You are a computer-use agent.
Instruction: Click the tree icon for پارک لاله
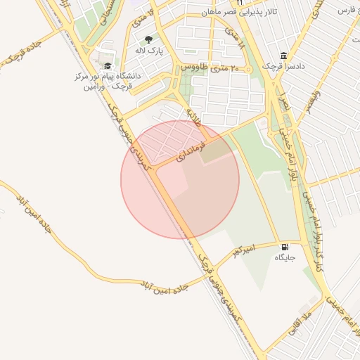click(148, 40)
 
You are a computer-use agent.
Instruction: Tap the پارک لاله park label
click(148, 52)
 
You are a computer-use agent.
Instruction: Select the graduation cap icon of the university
click(107, 65)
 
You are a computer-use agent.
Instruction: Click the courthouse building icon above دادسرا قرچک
click(283, 56)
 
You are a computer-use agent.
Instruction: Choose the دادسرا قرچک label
click(283, 66)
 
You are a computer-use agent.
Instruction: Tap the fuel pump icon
click(284, 247)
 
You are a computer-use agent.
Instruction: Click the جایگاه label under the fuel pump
click(285, 258)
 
